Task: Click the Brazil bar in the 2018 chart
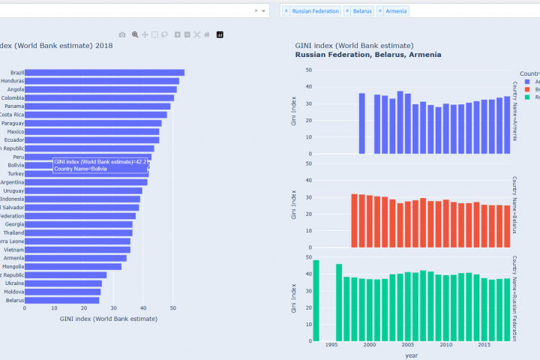click(x=104, y=73)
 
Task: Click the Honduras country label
click(x=13, y=81)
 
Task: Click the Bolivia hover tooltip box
click(x=100, y=165)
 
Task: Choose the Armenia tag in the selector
click(x=396, y=11)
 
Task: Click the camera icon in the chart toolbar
click(x=122, y=34)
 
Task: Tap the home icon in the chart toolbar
click(x=207, y=34)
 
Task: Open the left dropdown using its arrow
click(x=263, y=11)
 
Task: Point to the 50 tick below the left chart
click(x=172, y=307)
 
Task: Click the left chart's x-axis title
click(x=108, y=319)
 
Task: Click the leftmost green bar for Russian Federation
click(x=316, y=301)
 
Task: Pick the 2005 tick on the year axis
click(x=407, y=346)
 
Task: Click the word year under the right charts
click(x=412, y=355)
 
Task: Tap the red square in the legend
click(x=528, y=89)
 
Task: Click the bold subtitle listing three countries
click(x=367, y=55)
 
